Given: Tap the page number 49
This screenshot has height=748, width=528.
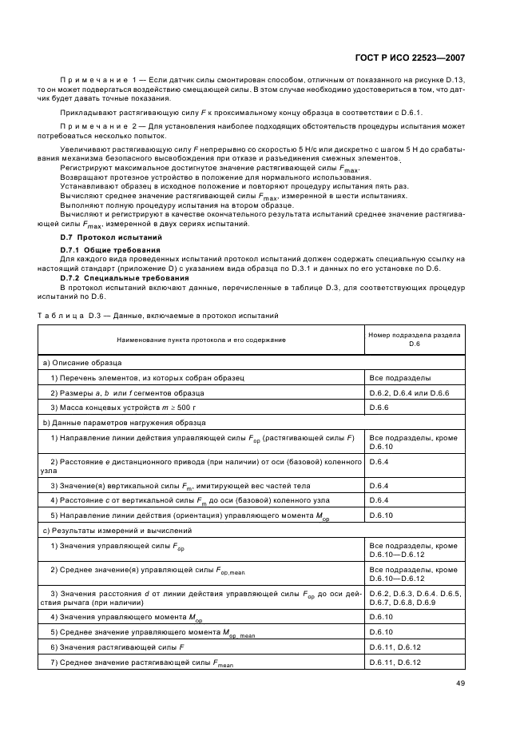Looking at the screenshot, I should coord(461,682).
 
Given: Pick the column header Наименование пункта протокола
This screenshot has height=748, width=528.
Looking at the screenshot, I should coord(200,340).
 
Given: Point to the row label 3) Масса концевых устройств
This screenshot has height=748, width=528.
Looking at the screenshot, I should coord(126,408).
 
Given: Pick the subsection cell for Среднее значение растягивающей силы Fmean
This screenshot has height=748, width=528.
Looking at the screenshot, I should coord(395,662).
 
